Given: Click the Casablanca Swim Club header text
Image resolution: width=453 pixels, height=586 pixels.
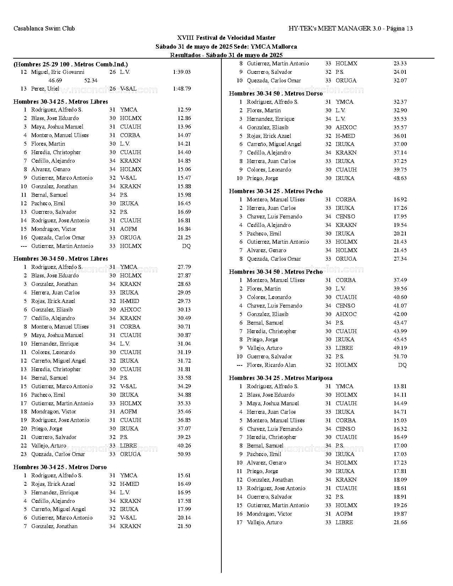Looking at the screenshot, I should tap(44, 28).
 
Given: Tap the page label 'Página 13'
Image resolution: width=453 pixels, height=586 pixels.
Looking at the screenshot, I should tap(399, 28).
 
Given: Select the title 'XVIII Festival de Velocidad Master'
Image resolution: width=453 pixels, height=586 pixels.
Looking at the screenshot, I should tap(226, 38).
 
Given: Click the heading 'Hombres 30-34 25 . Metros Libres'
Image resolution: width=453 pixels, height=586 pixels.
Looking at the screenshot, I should tap(61, 102).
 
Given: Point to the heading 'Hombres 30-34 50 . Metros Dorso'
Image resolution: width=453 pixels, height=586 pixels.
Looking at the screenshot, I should tap(276, 93).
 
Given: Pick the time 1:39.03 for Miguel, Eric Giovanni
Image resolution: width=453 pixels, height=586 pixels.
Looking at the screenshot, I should tap(182, 72).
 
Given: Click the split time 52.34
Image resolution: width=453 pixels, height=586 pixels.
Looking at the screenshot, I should tap(91, 81).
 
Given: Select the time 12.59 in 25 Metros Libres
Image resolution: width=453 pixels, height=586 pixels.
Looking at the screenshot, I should tap(184, 110).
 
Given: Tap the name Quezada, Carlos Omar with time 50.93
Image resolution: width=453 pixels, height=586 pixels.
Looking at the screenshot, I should tap(58, 454).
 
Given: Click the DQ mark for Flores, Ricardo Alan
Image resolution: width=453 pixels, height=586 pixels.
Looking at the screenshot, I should tap(402, 365).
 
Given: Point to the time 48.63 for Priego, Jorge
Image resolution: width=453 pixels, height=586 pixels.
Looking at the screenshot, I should tap(400, 178).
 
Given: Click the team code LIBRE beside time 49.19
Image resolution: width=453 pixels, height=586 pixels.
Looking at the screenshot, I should tap(344, 348).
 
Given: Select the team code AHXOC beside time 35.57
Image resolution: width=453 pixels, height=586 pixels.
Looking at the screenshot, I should tap(346, 127).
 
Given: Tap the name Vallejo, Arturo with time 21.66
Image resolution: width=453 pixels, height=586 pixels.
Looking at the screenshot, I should tap(264, 522).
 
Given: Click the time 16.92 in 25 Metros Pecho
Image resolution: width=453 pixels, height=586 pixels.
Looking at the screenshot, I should tap(400, 200).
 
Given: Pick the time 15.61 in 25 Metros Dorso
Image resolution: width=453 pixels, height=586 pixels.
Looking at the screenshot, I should tap(184, 476).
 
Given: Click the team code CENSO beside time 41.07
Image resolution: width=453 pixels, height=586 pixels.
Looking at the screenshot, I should tap(345, 306).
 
